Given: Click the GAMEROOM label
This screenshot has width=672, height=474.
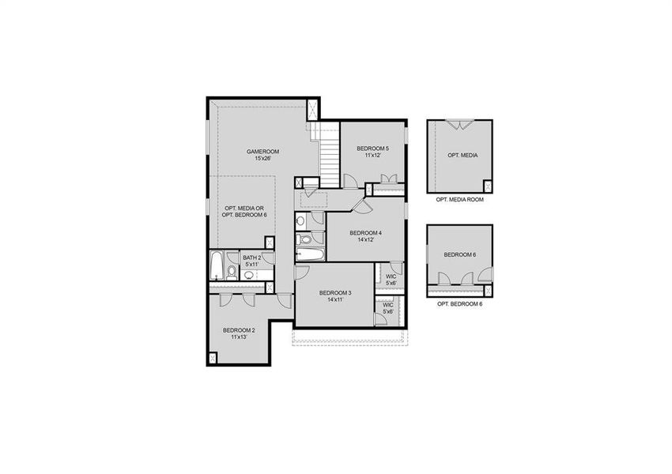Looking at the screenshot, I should pos(262,151).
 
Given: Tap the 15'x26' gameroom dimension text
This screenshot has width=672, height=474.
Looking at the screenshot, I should pos(262,159).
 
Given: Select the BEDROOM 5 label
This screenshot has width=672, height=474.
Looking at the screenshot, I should pos(372,149).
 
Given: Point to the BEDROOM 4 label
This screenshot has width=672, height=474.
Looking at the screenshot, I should pos(365,233).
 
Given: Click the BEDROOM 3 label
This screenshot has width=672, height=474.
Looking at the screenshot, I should pos(334,293).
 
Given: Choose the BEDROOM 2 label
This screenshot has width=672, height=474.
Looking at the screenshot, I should pos(239,329).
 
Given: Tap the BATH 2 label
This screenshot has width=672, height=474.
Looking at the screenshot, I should pos(251,258).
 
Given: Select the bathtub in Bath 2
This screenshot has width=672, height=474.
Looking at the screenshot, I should pos(216,266).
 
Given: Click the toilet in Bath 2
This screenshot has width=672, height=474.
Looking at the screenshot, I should pos(231,273).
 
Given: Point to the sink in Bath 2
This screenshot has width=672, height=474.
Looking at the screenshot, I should pos(248,275).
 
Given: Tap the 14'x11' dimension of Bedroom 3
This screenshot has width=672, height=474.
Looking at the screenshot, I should pos(334,300).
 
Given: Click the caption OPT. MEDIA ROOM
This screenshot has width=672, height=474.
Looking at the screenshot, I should pos(459,200).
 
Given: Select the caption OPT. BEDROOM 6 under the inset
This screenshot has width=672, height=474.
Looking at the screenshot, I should pos(459,304).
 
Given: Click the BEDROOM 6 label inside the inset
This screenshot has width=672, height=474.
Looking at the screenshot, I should pos(459,254).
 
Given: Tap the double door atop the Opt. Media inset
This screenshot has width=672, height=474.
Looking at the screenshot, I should pos(459,125).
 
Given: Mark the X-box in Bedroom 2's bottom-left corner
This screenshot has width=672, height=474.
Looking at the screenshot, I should pos(213,357).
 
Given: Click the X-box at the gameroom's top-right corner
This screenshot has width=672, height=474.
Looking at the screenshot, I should pos(313,108).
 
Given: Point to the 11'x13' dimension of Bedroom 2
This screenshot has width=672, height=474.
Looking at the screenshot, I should pos(239,337).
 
